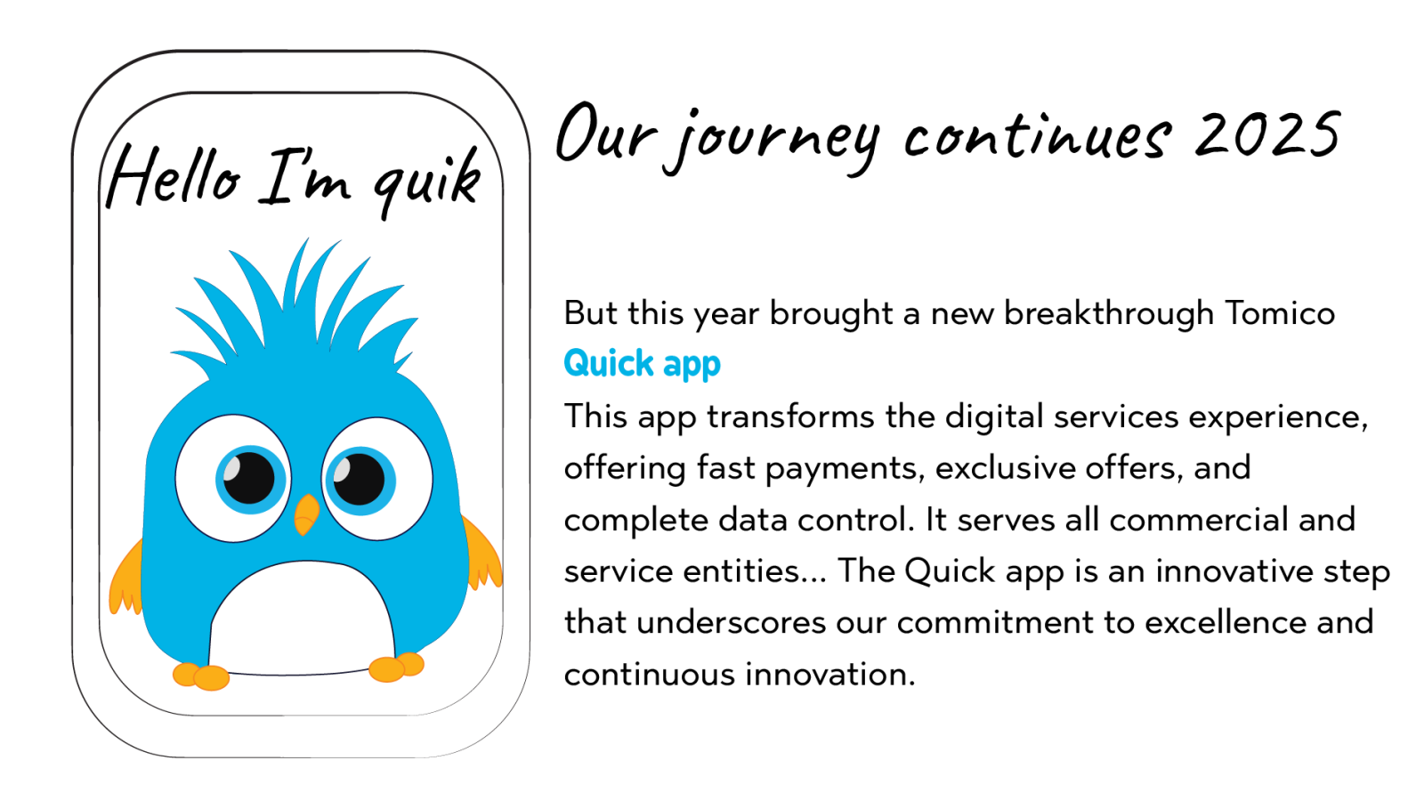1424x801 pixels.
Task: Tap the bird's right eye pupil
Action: tap(359, 479)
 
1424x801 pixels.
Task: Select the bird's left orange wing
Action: tap(125, 578)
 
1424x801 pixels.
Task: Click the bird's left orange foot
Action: tap(201, 676)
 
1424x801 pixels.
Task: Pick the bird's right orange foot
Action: tap(396, 667)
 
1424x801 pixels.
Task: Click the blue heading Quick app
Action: tap(642, 365)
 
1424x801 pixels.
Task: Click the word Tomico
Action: tap(1280, 312)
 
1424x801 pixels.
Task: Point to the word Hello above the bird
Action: tap(173, 177)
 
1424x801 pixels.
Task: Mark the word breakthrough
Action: tap(1109, 313)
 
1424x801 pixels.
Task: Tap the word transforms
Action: tap(791, 417)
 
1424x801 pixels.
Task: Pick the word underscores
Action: tap(731, 622)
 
